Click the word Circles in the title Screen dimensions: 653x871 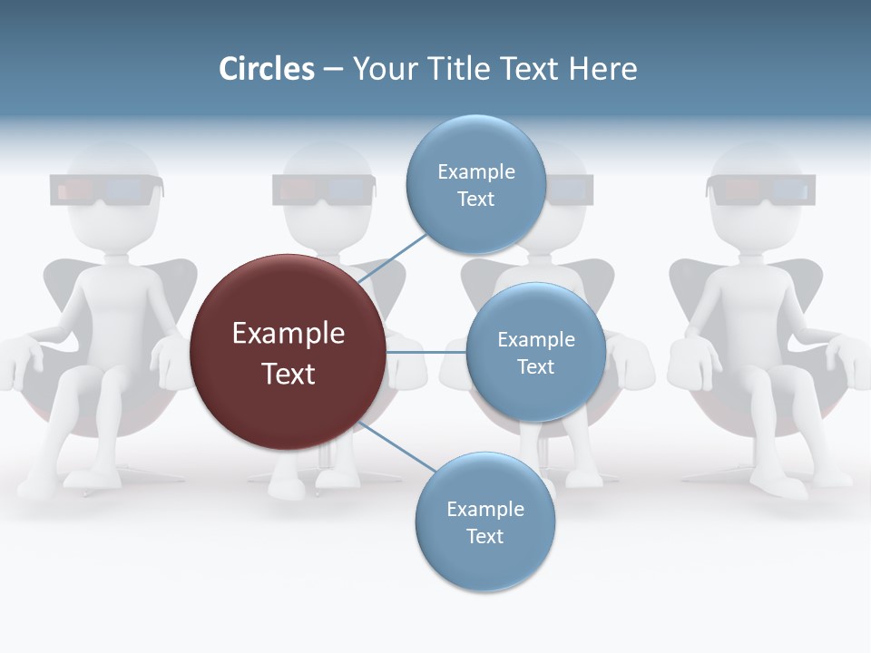(266, 69)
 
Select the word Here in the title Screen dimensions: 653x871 (602, 69)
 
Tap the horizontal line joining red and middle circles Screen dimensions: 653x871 (426, 352)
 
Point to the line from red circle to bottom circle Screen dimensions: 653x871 (396, 447)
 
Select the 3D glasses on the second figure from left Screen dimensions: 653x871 (323, 190)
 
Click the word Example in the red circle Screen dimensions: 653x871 (289, 333)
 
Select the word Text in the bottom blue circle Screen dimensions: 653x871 (484, 536)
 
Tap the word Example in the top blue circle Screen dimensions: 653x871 (475, 171)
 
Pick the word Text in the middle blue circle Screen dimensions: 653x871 (535, 366)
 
